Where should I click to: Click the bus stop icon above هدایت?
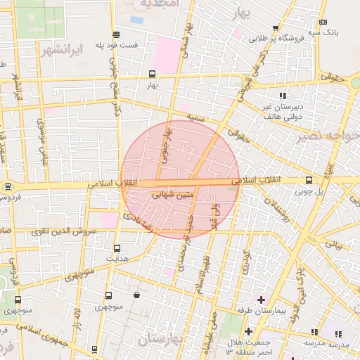[117, 248]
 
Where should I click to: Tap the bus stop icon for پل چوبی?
[309, 180]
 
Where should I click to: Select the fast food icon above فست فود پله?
[116, 34]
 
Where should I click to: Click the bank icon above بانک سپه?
[323, 22]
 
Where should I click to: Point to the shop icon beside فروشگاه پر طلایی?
[276, 29]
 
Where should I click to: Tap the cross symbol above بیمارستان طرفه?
[260, 300]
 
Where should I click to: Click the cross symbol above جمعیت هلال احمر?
[247, 331]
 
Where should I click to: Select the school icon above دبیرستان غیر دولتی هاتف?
[283, 96]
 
